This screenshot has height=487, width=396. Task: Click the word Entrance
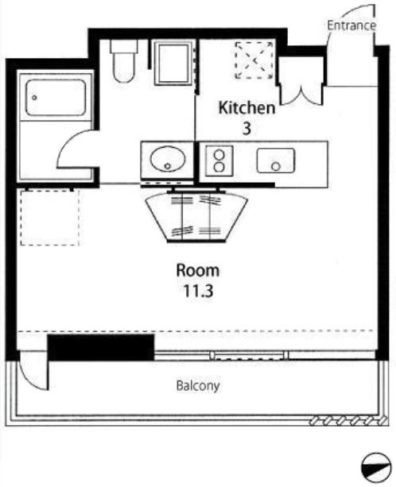point(351,25)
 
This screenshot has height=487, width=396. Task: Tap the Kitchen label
point(247,108)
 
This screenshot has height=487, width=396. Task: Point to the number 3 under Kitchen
point(247,129)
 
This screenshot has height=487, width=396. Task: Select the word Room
point(198,271)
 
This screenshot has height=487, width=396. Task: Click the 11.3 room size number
point(198,291)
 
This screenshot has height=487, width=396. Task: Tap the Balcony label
point(198,385)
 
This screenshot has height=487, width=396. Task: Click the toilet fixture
point(124,61)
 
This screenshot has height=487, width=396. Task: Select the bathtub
point(56,98)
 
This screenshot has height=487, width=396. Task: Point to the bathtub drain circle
point(34,98)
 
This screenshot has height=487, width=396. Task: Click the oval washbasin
point(168,159)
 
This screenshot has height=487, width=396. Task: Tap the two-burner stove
point(219,161)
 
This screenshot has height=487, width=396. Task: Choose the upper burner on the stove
point(219,154)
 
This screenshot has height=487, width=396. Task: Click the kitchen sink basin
point(276,160)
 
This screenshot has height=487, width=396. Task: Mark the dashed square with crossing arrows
point(254,60)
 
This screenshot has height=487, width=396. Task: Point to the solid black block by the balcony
point(101,347)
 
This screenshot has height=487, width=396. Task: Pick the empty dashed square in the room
point(50,218)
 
